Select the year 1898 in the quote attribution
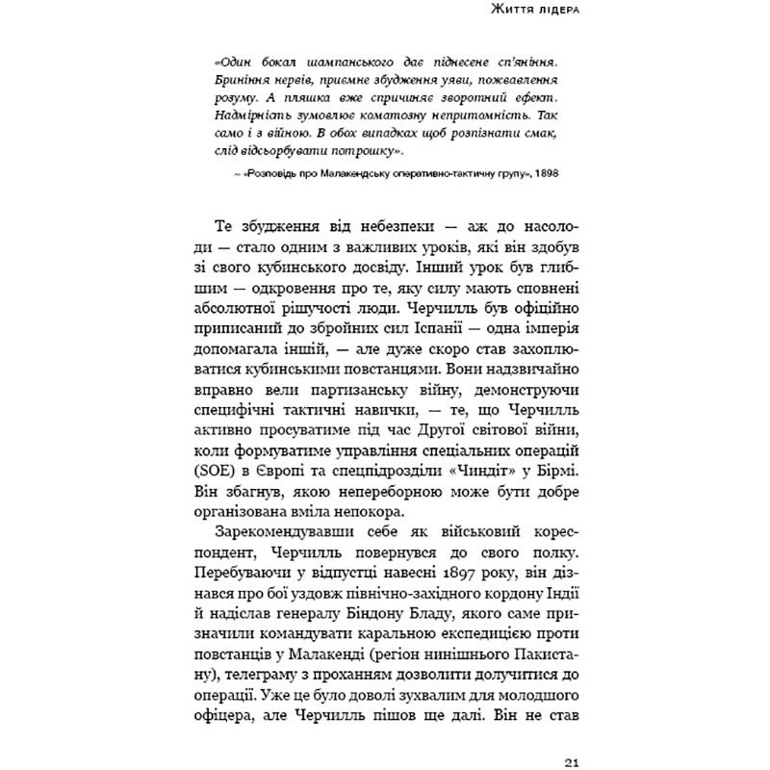click(x=546, y=174)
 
